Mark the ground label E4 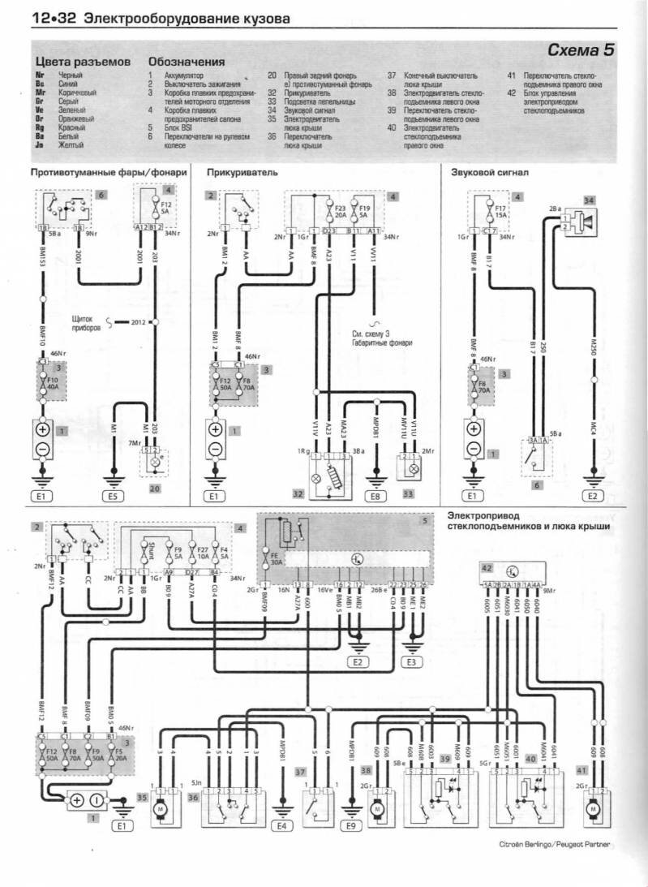coord(282,826)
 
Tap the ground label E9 coord(351,826)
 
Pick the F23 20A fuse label coord(340,213)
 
